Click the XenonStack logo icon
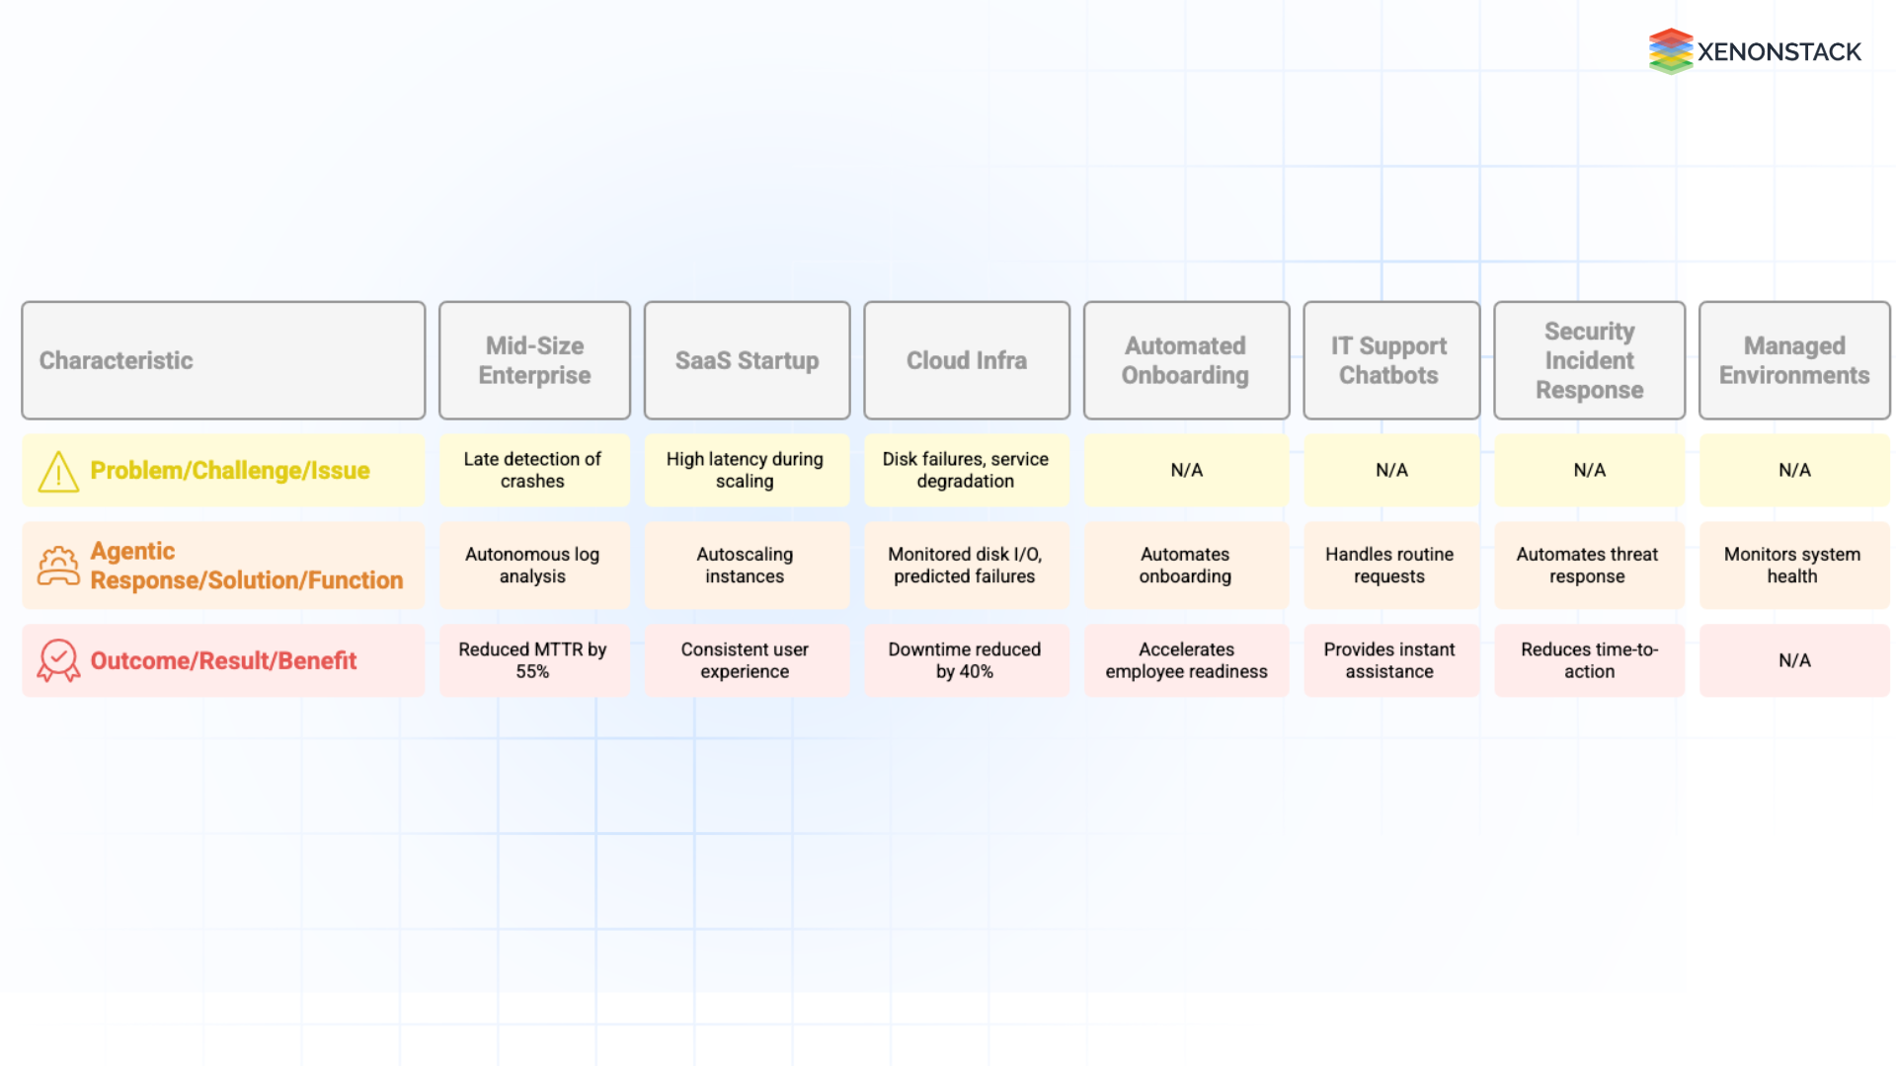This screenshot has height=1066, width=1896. pos(1670,51)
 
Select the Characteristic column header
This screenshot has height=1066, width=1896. pos(223,360)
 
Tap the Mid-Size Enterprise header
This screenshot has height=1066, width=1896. pos(534,360)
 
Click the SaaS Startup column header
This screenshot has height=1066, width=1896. pos(747,360)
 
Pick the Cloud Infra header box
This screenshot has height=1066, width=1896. pos(966,360)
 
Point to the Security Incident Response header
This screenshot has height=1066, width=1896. pos(1589,360)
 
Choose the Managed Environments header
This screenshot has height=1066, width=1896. pos(1793,360)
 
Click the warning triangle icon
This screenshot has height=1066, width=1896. pos(58,472)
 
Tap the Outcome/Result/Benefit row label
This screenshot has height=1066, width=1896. pos(223,660)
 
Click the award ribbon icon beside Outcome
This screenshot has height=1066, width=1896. pos(58,660)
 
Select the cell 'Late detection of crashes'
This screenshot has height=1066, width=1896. pos(533,470)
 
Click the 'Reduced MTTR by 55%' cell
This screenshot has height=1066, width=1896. pos(533,660)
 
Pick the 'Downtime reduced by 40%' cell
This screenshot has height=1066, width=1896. pos(965,660)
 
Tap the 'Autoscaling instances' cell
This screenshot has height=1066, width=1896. pos(746,566)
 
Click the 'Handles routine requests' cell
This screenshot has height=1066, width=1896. pos(1389,566)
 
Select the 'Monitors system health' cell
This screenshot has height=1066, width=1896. pos(1792,566)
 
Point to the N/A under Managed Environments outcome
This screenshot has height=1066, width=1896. pos(1794,660)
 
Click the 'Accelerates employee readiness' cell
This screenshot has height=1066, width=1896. pos(1186,660)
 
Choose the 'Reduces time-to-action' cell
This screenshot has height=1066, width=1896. pos(1589,660)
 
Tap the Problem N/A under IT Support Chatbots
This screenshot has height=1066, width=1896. pos(1391,470)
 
